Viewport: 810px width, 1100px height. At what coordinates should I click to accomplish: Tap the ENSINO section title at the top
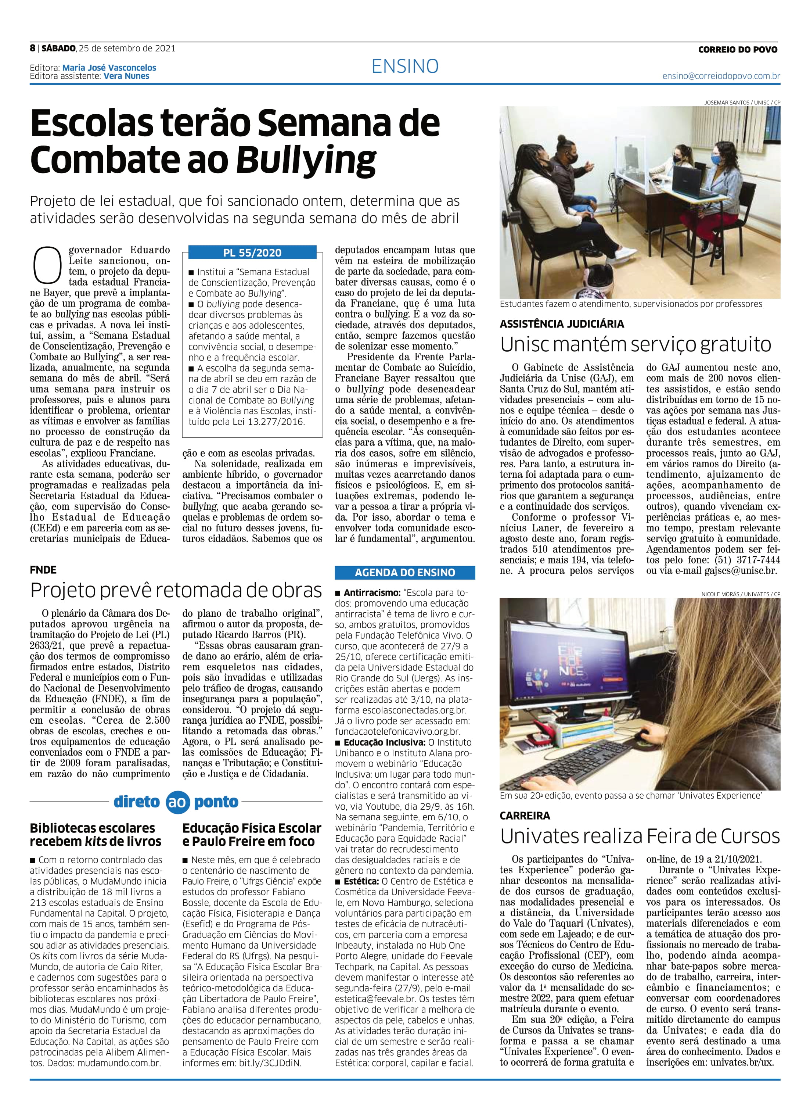pyautogui.click(x=405, y=66)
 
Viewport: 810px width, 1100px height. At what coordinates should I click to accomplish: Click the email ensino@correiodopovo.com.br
pyautogui.click(x=721, y=76)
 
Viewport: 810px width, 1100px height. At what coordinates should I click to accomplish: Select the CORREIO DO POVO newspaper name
pyautogui.click(x=738, y=50)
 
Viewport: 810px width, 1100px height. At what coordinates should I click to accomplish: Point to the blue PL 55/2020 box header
pyautogui.click(x=252, y=253)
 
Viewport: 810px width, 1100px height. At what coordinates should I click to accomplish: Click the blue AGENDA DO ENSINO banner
pyautogui.click(x=404, y=572)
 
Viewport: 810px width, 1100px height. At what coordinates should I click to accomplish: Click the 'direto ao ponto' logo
pyautogui.click(x=176, y=802)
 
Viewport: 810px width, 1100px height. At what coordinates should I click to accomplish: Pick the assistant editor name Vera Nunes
pyautogui.click(x=126, y=76)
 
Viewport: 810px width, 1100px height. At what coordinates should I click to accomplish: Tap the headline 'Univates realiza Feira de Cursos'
pyautogui.click(x=640, y=836)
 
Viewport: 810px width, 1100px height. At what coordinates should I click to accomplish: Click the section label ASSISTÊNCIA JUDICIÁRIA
pyautogui.click(x=561, y=324)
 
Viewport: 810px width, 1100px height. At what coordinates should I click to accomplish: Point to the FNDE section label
pyautogui.click(x=43, y=570)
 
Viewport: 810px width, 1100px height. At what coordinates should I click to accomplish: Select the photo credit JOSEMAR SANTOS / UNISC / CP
pyautogui.click(x=742, y=102)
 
